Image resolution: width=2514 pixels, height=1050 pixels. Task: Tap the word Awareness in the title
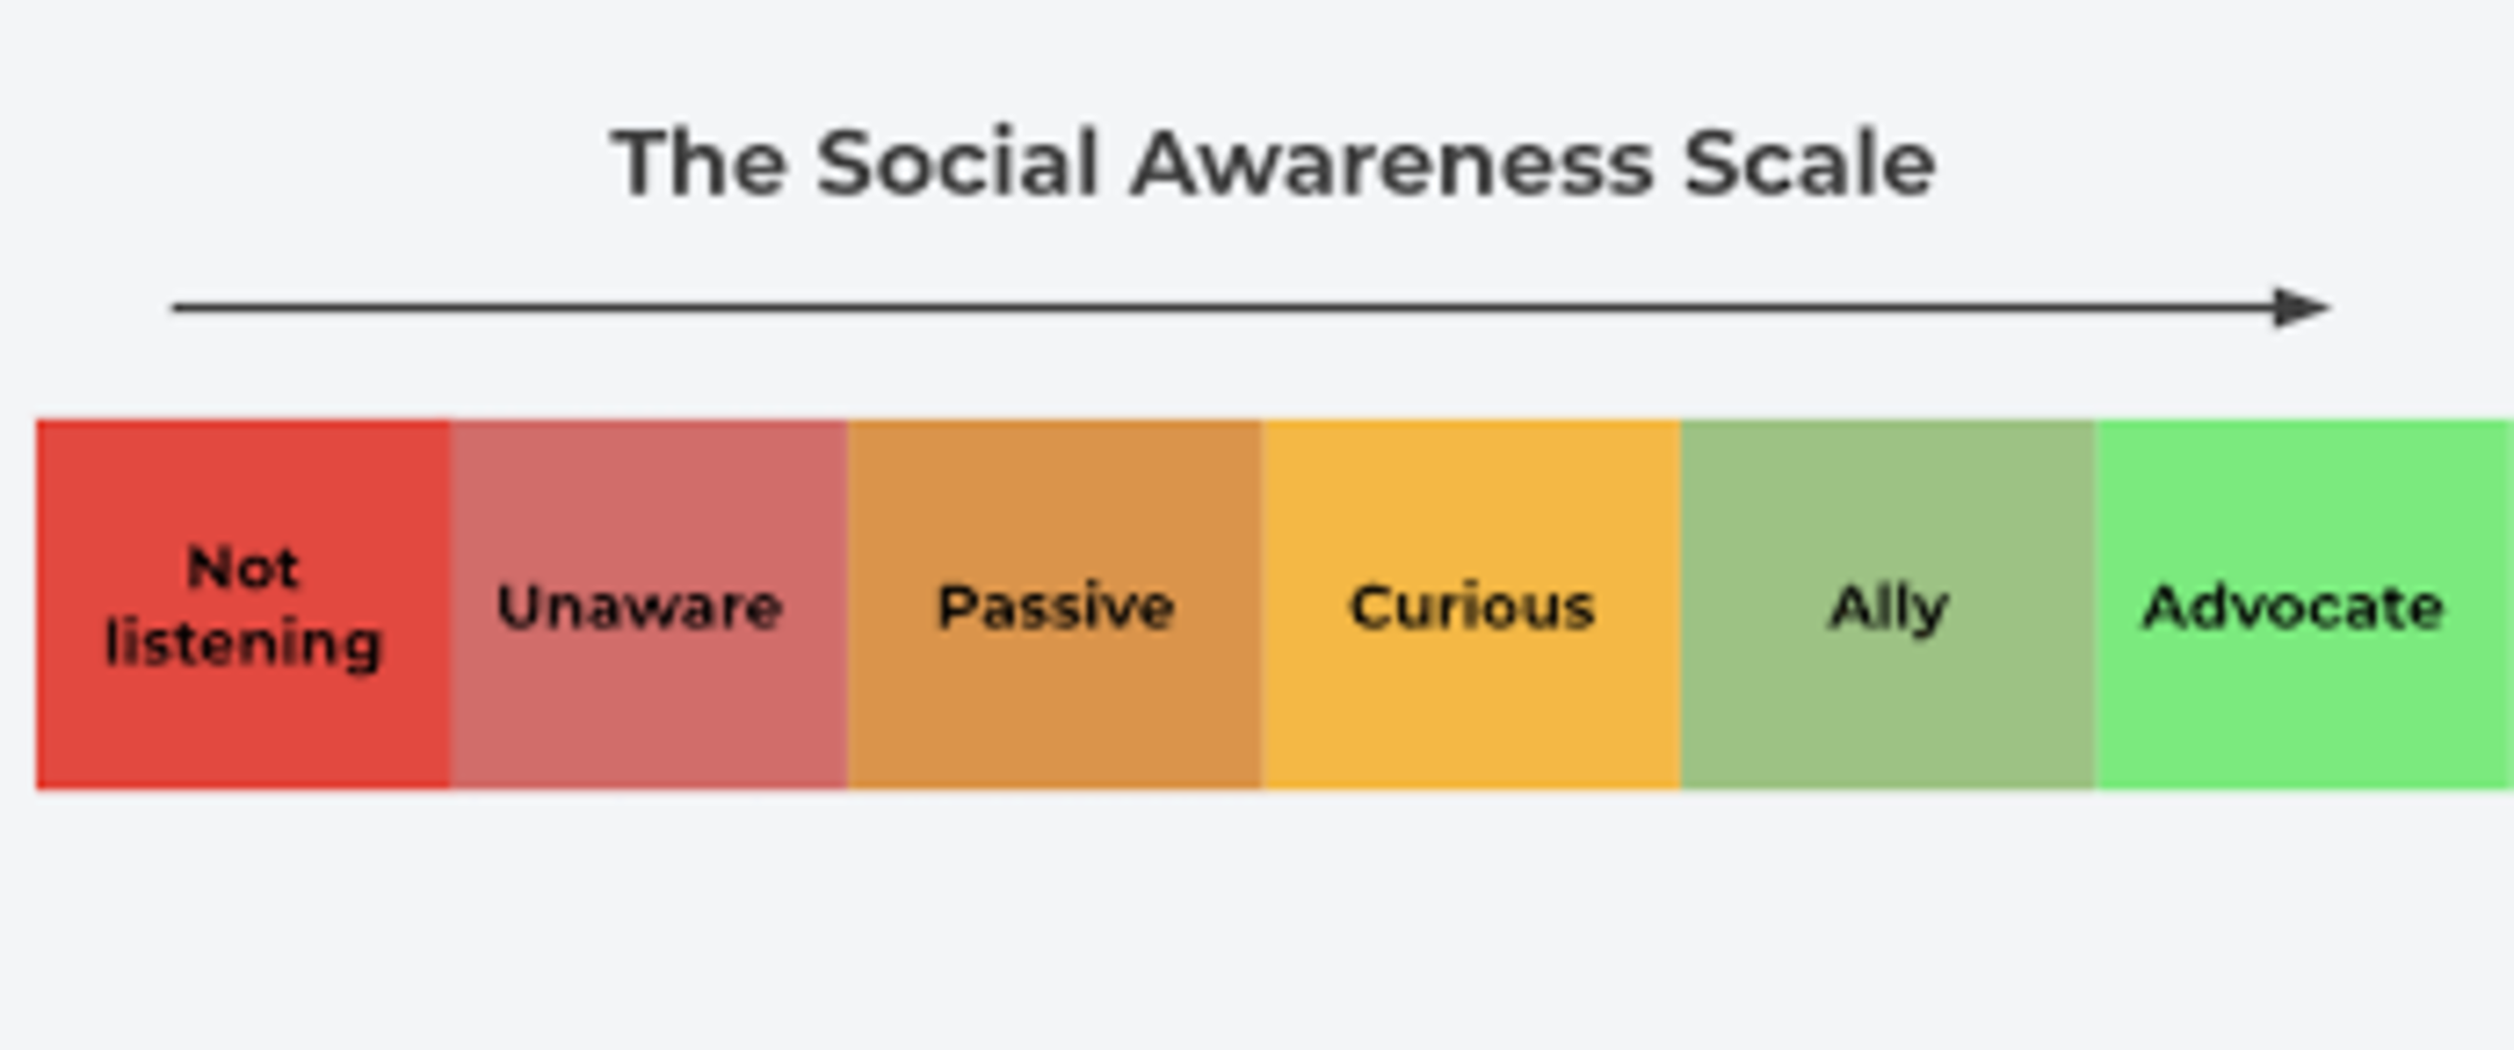click(x=1392, y=164)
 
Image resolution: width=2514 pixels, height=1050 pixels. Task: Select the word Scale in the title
click(x=1809, y=164)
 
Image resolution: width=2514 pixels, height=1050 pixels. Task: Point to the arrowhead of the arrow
click(x=2301, y=307)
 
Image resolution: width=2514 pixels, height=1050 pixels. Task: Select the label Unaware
click(x=639, y=607)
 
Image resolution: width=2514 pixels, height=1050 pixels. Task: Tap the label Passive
click(x=1055, y=607)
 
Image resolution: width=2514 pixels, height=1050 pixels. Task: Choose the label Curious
click(x=1472, y=607)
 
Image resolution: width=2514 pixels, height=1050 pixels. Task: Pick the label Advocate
click(x=2292, y=607)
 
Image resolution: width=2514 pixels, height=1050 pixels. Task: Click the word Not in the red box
click(x=243, y=568)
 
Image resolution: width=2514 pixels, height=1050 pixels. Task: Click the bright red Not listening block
click(x=244, y=604)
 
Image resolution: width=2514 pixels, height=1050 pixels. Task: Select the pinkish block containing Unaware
click(x=649, y=604)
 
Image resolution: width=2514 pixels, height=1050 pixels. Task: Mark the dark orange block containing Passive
click(x=1055, y=604)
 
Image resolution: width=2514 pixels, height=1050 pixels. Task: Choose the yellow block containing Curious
click(x=1472, y=604)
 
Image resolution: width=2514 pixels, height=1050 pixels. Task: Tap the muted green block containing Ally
click(x=1887, y=604)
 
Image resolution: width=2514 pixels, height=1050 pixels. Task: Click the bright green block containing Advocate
click(x=2304, y=604)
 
